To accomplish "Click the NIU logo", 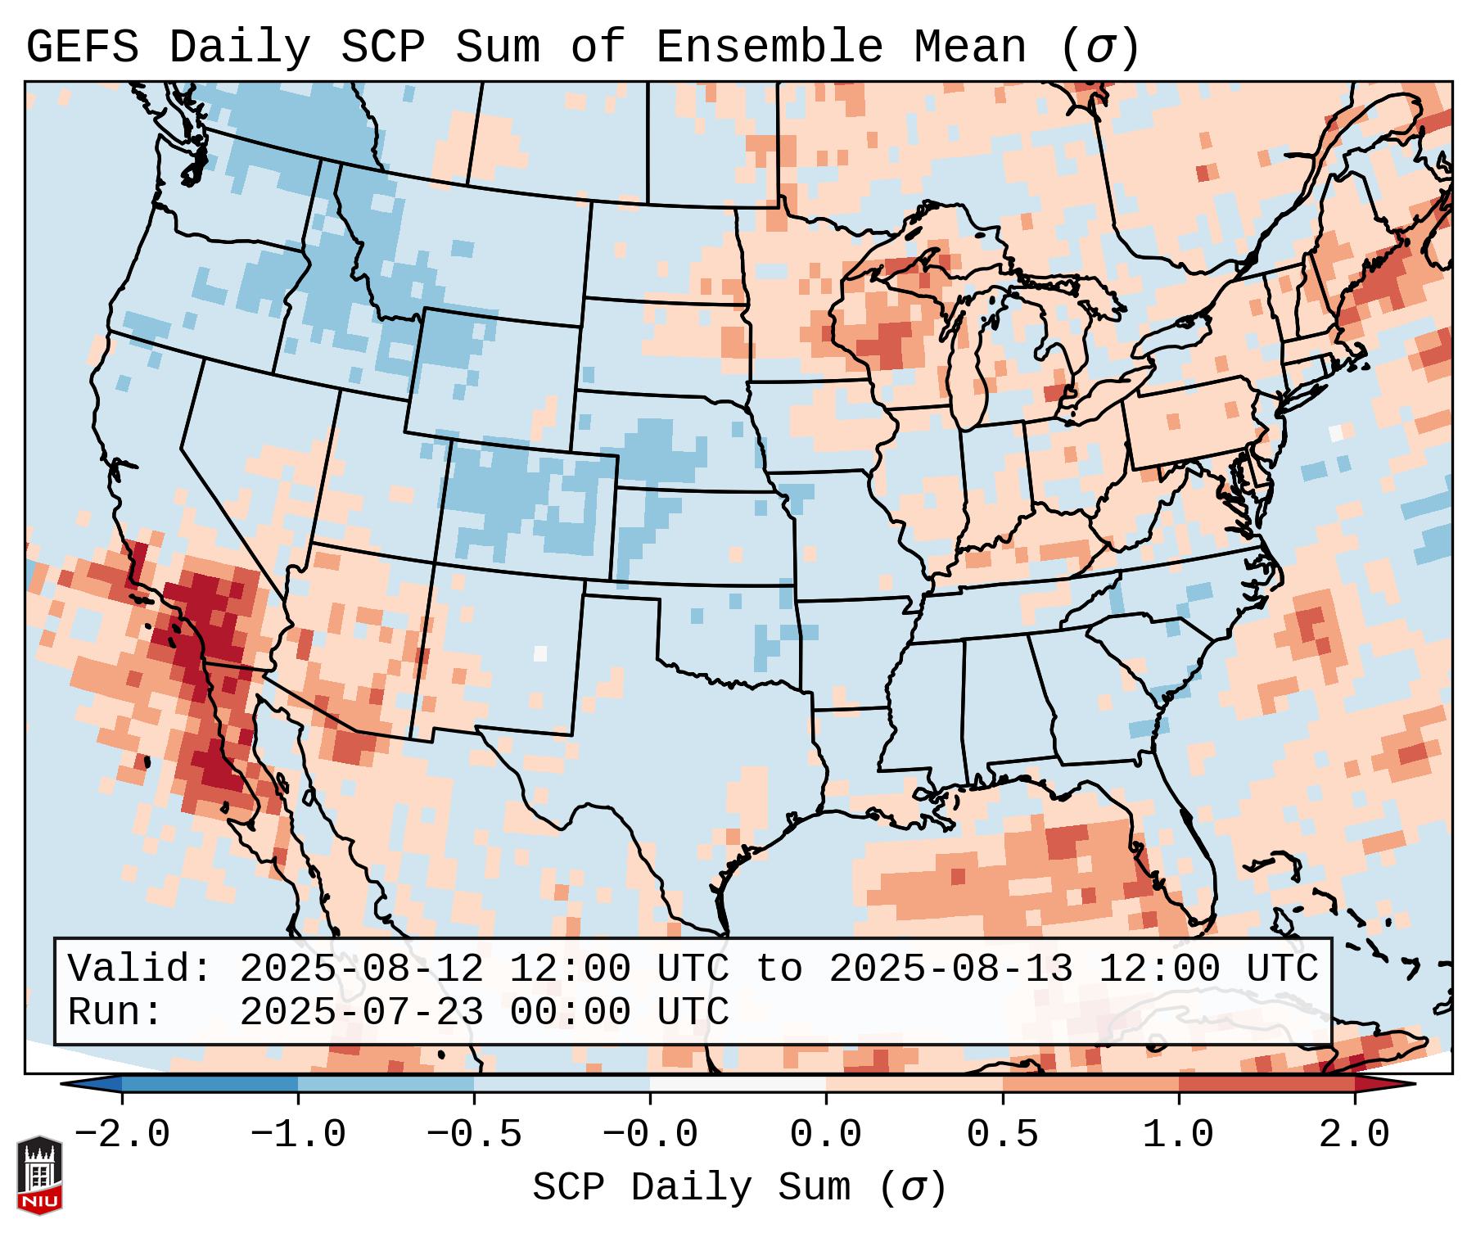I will (x=39, y=1175).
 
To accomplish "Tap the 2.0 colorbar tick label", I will (x=1354, y=1135).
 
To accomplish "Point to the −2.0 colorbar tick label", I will (x=122, y=1135).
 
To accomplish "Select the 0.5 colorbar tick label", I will (x=1002, y=1135).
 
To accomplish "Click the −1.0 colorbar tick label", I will (x=298, y=1135).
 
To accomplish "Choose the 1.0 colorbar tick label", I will (x=1178, y=1135).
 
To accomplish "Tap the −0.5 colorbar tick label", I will (x=474, y=1135).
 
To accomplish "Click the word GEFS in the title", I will (x=83, y=47).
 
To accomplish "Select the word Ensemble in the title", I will (x=770, y=47).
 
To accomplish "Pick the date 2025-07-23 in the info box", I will (x=361, y=1012).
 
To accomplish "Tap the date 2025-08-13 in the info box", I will (x=950, y=969).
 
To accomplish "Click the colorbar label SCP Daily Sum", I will (x=692, y=1188).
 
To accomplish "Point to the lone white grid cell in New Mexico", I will (x=539, y=653).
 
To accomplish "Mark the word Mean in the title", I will (x=970, y=47).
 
